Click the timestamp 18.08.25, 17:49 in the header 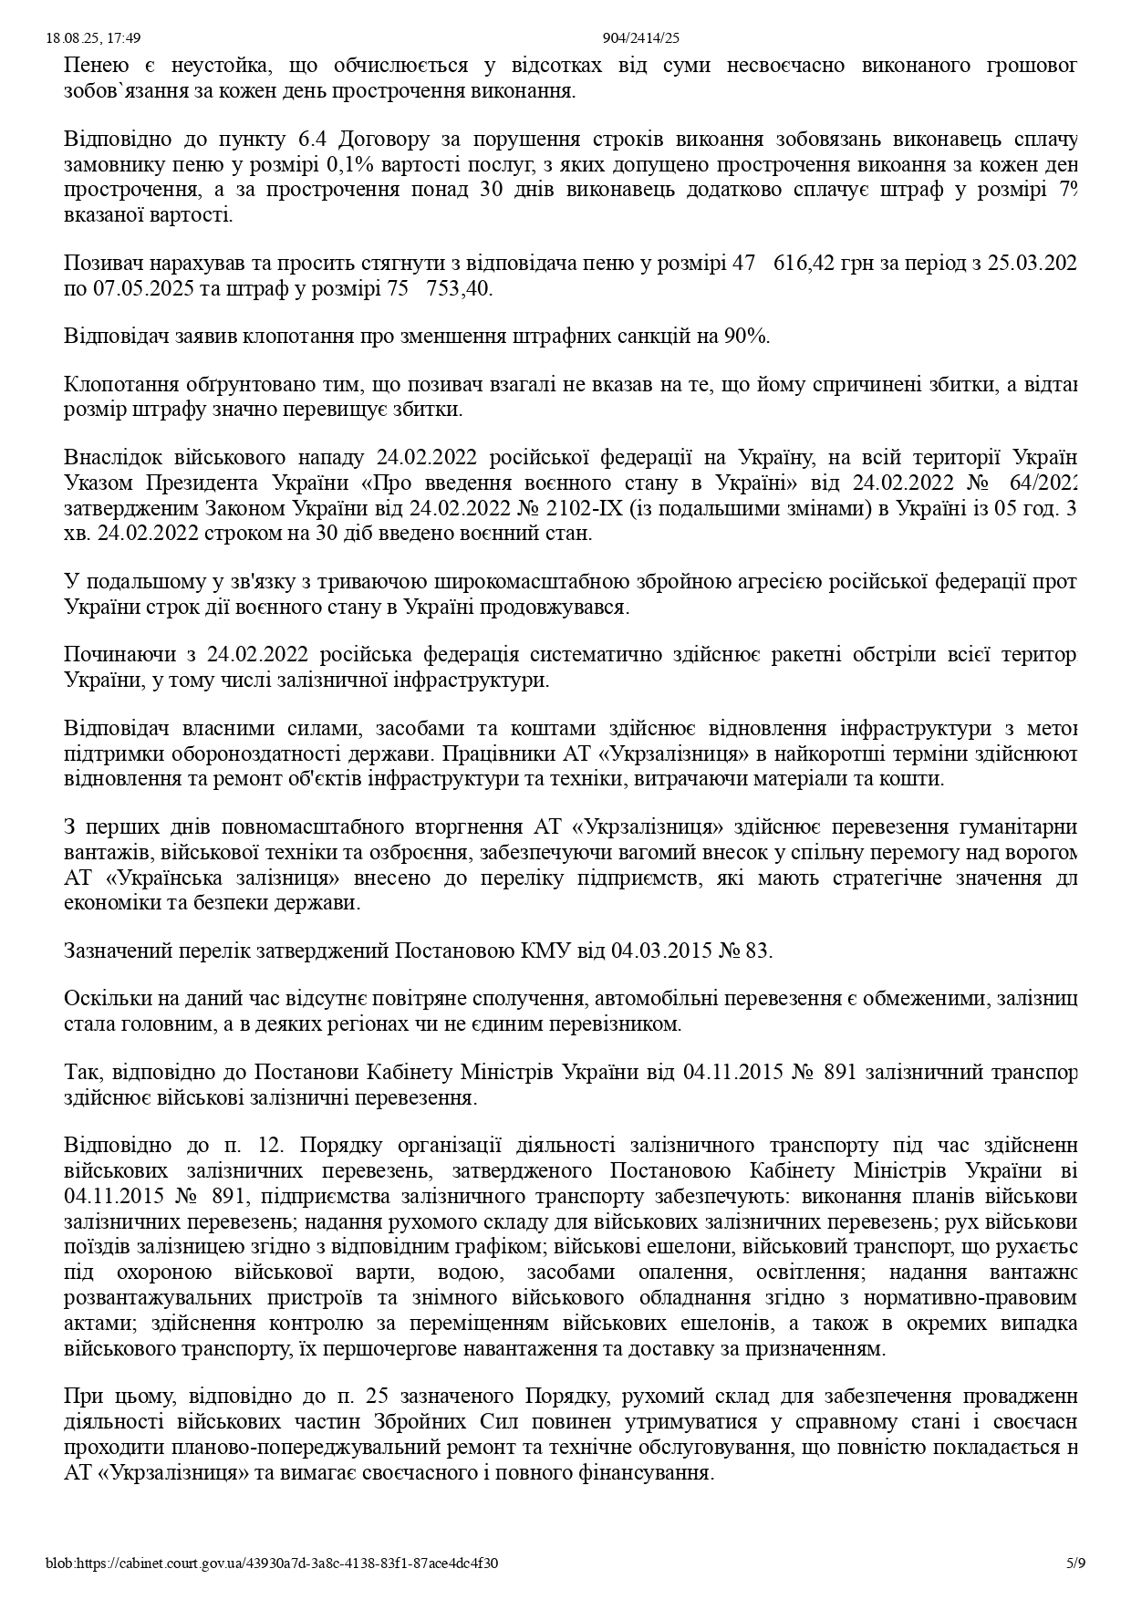pyautogui.click(x=92, y=38)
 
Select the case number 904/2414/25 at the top pyautogui.click(x=641, y=38)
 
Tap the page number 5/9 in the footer pyautogui.click(x=1076, y=1563)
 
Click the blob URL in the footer pyautogui.click(x=272, y=1563)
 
